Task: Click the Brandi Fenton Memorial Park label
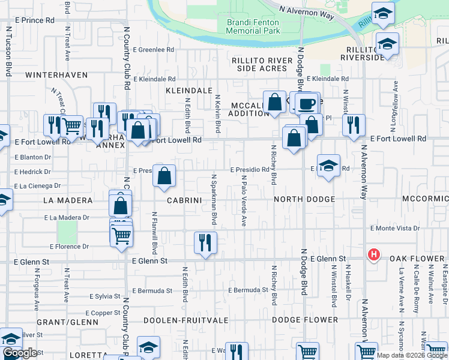point(253,26)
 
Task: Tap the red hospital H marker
point(373,254)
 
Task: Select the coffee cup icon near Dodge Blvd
point(306,103)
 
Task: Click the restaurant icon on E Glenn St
point(205,242)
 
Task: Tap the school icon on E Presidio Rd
point(328,166)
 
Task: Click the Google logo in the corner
point(19,353)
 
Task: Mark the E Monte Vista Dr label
point(394,229)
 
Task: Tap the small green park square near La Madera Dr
point(68,232)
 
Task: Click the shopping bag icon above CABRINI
point(164,176)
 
